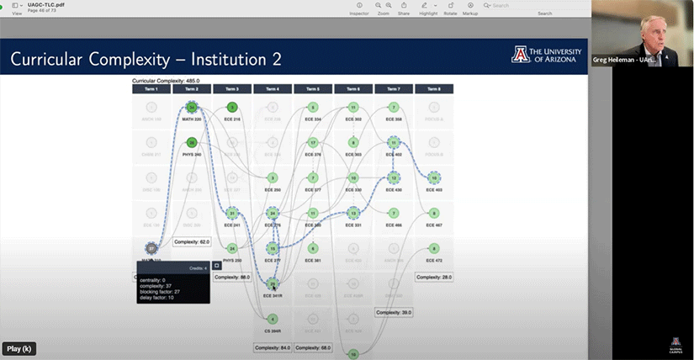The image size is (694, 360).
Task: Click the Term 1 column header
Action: click(x=151, y=88)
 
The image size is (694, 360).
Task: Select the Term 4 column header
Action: click(x=272, y=88)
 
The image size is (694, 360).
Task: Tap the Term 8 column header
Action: click(x=433, y=88)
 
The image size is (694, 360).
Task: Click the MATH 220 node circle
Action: click(x=192, y=108)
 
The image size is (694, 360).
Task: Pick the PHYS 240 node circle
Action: click(x=192, y=143)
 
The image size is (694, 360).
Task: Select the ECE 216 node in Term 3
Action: click(x=232, y=108)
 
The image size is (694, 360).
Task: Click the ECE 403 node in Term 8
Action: click(x=433, y=177)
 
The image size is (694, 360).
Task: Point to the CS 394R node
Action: click(x=272, y=319)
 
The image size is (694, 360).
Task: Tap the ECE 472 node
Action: click(x=433, y=248)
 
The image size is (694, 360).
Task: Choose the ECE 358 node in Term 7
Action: click(x=393, y=108)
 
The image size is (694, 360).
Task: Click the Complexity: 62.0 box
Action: click(x=192, y=241)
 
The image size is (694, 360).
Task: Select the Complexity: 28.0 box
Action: click(x=433, y=277)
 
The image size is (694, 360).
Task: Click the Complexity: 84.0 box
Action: click(x=272, y=347)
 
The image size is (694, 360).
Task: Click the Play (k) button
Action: click(x=19, y=348)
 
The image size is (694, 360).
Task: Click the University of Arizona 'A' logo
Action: click(x=519, y=56)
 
